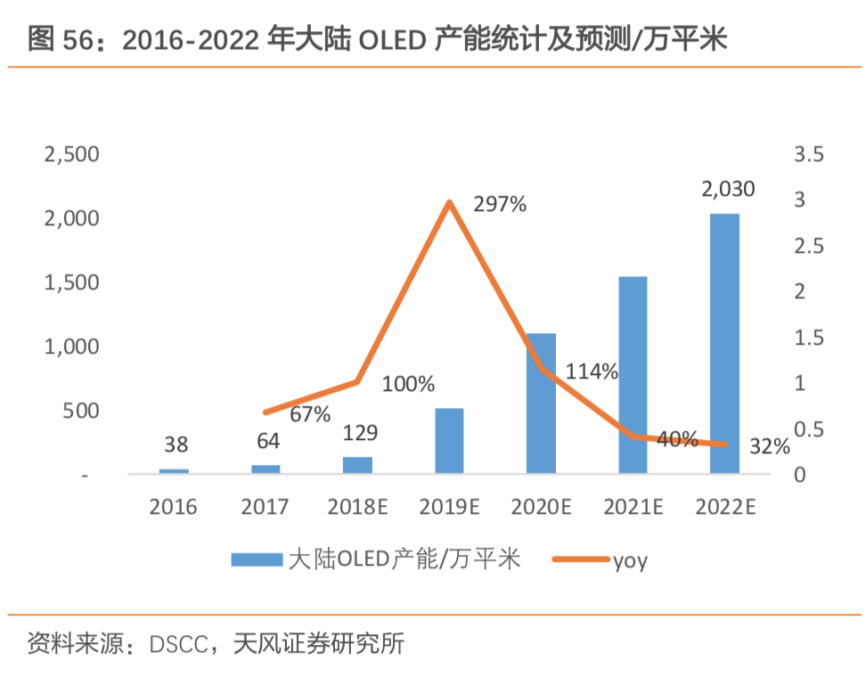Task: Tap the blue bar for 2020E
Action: coord(541,403)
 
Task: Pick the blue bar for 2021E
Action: coord(633,374)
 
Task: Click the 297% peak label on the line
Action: coord(500,204)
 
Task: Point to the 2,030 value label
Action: coord(728,189)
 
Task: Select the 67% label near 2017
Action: coord(310,414)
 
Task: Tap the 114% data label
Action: coord(592,372)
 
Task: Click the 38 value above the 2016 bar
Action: coord(176,444)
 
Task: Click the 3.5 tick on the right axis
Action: coord(810,155)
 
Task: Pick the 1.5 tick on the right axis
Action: coord(810,338)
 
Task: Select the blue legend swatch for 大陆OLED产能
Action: coord(257,559)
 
